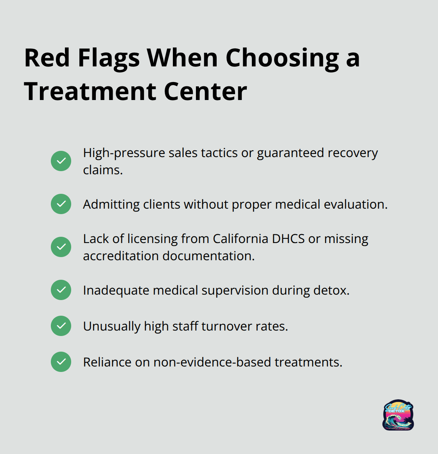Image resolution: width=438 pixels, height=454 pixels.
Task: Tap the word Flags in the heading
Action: (x=108, y=59)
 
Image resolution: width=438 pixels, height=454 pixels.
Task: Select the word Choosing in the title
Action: (x=282, y=59)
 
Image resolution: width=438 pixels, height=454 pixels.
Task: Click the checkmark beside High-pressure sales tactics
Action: (x=61, y=161)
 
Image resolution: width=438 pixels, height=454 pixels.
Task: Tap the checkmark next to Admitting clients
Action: (x=61, y=204)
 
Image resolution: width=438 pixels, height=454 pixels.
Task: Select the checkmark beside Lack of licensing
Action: (x=61, y=247)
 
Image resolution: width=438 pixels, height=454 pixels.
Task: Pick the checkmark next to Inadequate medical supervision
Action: (x=61, y=290)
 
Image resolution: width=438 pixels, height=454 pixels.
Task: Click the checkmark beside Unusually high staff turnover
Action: (x=61, y=326)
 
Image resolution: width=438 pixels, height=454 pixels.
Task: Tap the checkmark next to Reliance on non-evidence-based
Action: (x=61, y=362)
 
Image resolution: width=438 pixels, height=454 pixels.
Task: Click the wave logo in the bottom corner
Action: (x=398, y=415)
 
